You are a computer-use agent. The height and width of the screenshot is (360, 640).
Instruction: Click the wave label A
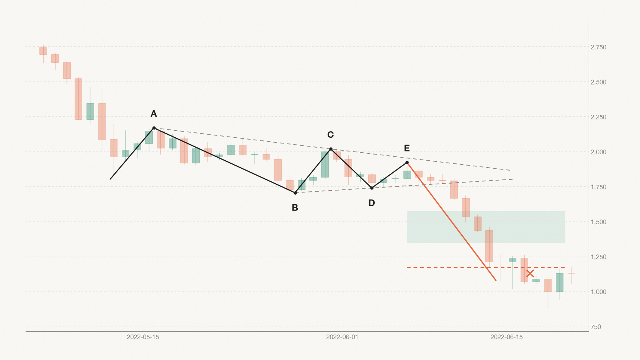pos(154,114)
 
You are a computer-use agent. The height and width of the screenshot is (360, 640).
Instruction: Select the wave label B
pos(295,208)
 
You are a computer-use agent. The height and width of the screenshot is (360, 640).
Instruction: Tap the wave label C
pos(331,135)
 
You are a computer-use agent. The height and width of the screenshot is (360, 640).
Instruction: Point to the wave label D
pos(371,203)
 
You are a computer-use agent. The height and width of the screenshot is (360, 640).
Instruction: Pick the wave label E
pos(407,148)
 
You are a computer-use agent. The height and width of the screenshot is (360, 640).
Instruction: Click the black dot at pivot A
pos(154,128)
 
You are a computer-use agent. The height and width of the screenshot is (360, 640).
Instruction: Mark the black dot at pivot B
pos(295,193)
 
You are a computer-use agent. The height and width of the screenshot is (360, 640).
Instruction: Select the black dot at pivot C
pos(331,149)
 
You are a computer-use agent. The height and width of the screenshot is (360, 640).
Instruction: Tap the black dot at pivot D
pos(372,188)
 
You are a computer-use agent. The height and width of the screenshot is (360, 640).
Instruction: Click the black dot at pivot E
pos(407,163)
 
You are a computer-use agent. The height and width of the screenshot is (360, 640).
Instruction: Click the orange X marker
pos(530,274)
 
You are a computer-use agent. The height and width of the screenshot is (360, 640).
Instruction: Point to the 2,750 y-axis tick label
pos(598,47)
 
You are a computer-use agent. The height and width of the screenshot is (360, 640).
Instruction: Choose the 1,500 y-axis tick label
pos(598,222)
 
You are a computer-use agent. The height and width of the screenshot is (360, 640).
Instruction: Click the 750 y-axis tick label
pos(596,327)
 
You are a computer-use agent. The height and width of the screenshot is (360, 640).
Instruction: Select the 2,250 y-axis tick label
pos(598,117)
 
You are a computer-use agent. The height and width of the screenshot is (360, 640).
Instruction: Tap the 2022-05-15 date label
pos(143,337)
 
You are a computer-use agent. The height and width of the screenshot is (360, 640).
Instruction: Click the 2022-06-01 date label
pos(342,337)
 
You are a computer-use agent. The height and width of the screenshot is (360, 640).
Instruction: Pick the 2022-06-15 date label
pos(506,337)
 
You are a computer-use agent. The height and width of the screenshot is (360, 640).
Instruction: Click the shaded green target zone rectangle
pos(486,227)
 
